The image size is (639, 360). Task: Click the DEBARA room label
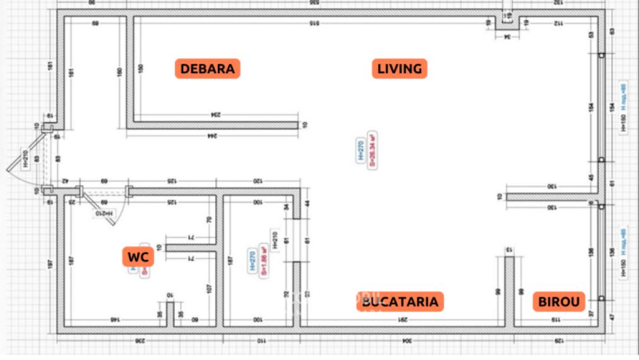[208, 69]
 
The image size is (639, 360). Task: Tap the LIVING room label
[399, 69]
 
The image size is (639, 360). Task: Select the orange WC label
[138, 257]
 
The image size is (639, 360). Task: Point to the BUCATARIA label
[400, 302]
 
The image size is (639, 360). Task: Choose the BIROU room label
[558, 302]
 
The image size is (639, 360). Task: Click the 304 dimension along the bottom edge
[406, 340]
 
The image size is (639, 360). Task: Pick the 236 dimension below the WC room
[140, 340]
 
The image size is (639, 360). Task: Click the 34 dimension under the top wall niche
[507, 37]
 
